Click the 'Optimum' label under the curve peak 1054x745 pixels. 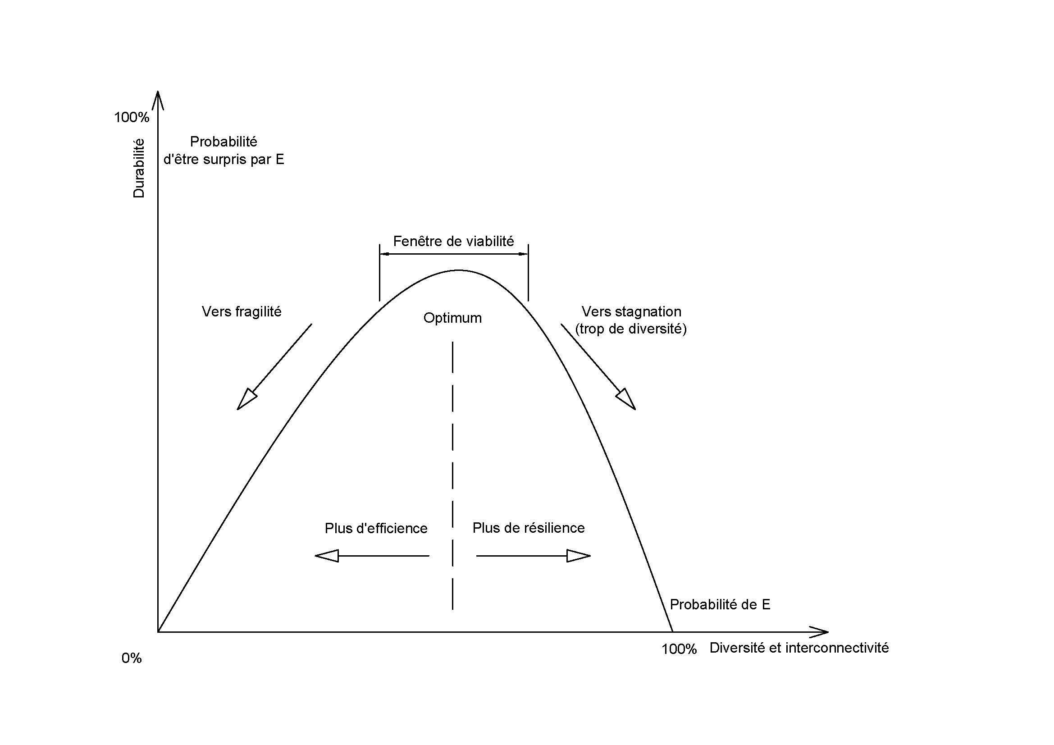click(452, 318)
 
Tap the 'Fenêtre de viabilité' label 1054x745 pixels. click(454, 241)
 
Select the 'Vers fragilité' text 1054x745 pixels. click(242, 312)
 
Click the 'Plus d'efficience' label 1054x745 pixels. click(376, 528)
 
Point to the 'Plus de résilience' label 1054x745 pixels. click(529, 528)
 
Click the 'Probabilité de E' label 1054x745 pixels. click(720, 604)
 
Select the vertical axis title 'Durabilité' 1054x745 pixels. click(139, 169)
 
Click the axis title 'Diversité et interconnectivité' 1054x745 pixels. click(799, 648)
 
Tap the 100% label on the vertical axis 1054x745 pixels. click(132, 118)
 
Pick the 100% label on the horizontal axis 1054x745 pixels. click(680, 649)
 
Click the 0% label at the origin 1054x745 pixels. click(131, 658)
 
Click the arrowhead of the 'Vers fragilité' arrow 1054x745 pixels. click(246, 400)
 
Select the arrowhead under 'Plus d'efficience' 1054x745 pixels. click(326, 556)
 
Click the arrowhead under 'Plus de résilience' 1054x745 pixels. click(579, 556)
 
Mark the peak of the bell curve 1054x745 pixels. click(459, 270)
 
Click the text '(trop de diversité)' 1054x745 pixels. click(631, 329)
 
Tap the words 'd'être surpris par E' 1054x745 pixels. click(224, 159)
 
